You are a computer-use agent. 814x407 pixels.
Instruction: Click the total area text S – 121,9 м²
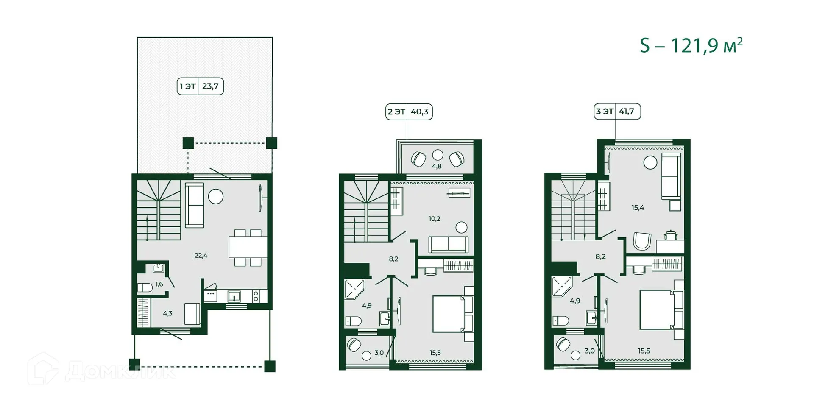coord(691,46)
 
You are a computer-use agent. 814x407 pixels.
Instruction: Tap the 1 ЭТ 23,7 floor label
coord(200,86)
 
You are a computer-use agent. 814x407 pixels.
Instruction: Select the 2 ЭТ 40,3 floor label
coord(409,112)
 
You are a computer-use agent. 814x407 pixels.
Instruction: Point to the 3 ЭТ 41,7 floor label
coord(617,112)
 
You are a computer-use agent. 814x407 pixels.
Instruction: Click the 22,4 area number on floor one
coord(201,256)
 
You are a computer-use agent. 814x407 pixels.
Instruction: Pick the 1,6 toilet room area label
coord(159,284)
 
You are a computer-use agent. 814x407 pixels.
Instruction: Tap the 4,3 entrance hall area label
coord(167,314)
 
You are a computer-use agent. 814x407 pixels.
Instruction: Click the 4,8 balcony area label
coord(437,167)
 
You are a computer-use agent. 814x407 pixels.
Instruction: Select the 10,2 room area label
coord(434,219)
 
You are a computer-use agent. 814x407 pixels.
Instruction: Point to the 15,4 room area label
coord(638,208)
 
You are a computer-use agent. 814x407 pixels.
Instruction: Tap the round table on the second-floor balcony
coord(438,155)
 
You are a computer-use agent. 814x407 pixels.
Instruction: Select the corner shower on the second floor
coord(354,288)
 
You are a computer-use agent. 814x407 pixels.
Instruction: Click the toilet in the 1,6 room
coord(145,288)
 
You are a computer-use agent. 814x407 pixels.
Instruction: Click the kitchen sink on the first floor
coord(234,296)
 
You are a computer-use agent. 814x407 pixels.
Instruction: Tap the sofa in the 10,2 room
coord(449,245)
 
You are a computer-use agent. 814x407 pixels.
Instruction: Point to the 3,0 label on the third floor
coord(589,351)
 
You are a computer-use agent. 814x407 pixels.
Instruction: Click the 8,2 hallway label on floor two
coord(393,259)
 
